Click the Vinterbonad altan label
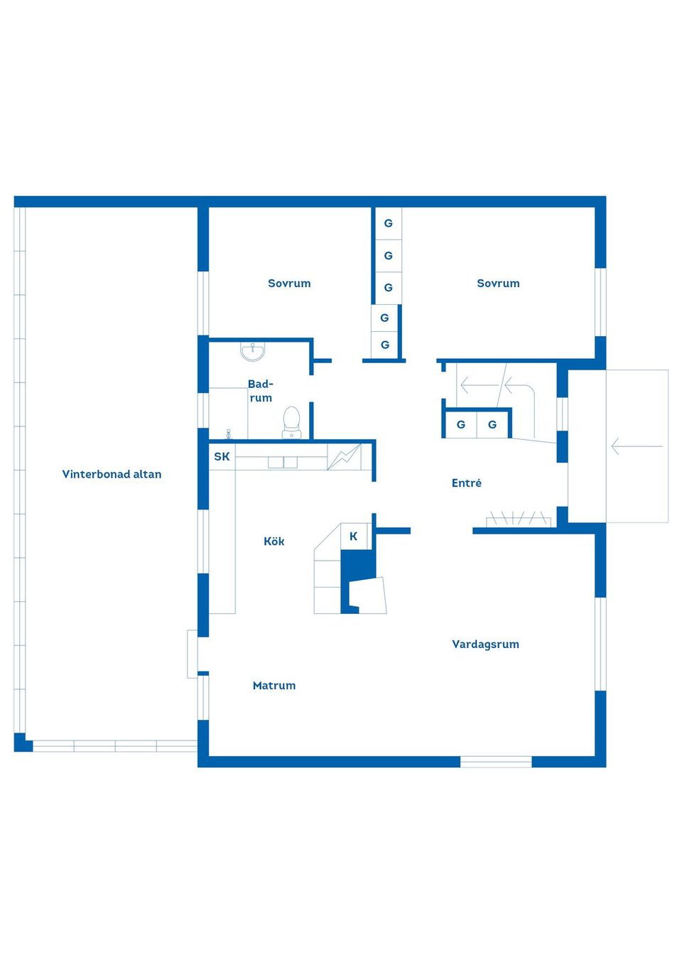112,474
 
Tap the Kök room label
274,541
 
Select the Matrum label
274,686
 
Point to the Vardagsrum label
485,645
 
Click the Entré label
466,483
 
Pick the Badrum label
261,391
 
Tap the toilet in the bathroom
291,422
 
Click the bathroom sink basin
252,351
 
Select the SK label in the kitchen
222,457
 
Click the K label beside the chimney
354,537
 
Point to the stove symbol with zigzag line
344,457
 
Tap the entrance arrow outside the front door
637,446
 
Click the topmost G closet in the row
389,224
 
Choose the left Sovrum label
289,284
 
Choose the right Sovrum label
498,284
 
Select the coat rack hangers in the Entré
519,519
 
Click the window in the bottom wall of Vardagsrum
496,762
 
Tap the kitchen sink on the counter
283,463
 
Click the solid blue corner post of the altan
23,743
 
